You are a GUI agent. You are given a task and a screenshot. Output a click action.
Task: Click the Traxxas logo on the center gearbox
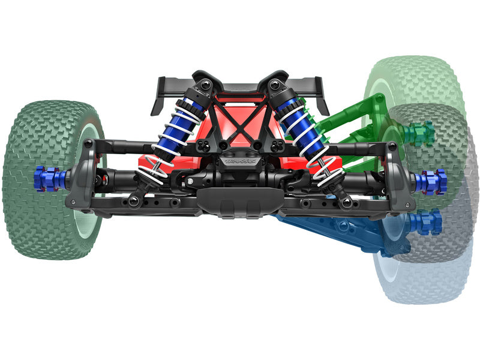point(239,161)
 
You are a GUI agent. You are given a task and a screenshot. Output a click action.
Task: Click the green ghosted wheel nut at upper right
point(419,133)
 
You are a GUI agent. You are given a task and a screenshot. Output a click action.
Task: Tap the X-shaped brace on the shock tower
point(239,120)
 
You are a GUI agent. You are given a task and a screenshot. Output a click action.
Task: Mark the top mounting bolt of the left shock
point(206,85)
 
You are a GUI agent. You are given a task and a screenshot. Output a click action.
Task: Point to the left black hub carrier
point(81,180)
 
